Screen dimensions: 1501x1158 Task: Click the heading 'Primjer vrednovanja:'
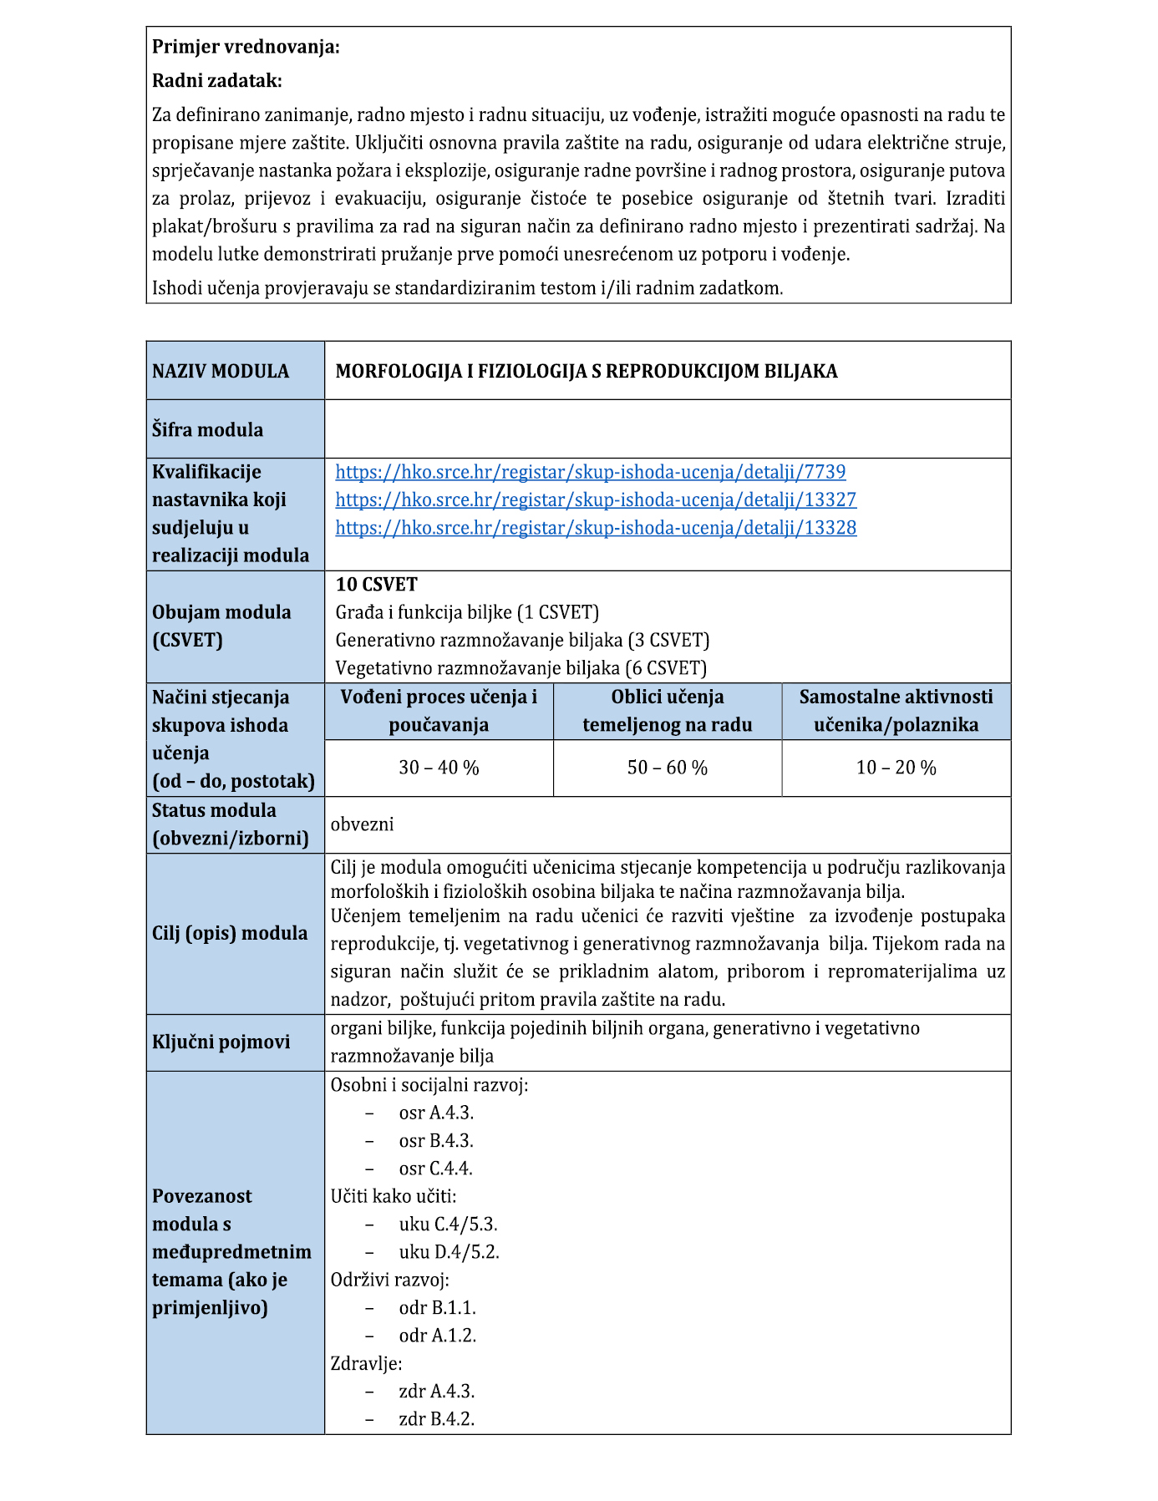[246, 47]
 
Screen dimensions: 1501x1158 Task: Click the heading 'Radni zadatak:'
[217, 81]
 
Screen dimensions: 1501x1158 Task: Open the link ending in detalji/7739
[590, 472]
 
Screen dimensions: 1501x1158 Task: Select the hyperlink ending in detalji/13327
[596, 499]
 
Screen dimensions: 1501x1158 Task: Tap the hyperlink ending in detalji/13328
[596, 528]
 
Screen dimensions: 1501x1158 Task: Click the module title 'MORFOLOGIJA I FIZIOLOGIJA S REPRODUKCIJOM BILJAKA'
[586, 372]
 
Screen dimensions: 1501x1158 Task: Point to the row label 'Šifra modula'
[207, 430]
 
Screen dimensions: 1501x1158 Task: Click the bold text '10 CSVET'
[376, 585]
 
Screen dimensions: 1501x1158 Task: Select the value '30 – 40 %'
[439, 768]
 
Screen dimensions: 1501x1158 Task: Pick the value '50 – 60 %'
[667, 768]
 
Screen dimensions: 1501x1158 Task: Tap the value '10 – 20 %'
[896, 768]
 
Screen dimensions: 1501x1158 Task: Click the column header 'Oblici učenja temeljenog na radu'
[667, 711]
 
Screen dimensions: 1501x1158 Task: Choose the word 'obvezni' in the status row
[362, 824]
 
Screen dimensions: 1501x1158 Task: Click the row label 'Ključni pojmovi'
[221, 1042]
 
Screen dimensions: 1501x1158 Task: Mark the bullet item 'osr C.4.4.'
[435, 1169]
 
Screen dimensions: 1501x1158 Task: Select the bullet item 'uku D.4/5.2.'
[449, 1252]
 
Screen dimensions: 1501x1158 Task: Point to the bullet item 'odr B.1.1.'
[437, 1308]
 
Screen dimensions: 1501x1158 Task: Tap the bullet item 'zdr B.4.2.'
[436, 1419]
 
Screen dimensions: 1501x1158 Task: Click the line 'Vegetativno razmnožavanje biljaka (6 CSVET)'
[521, 668]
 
